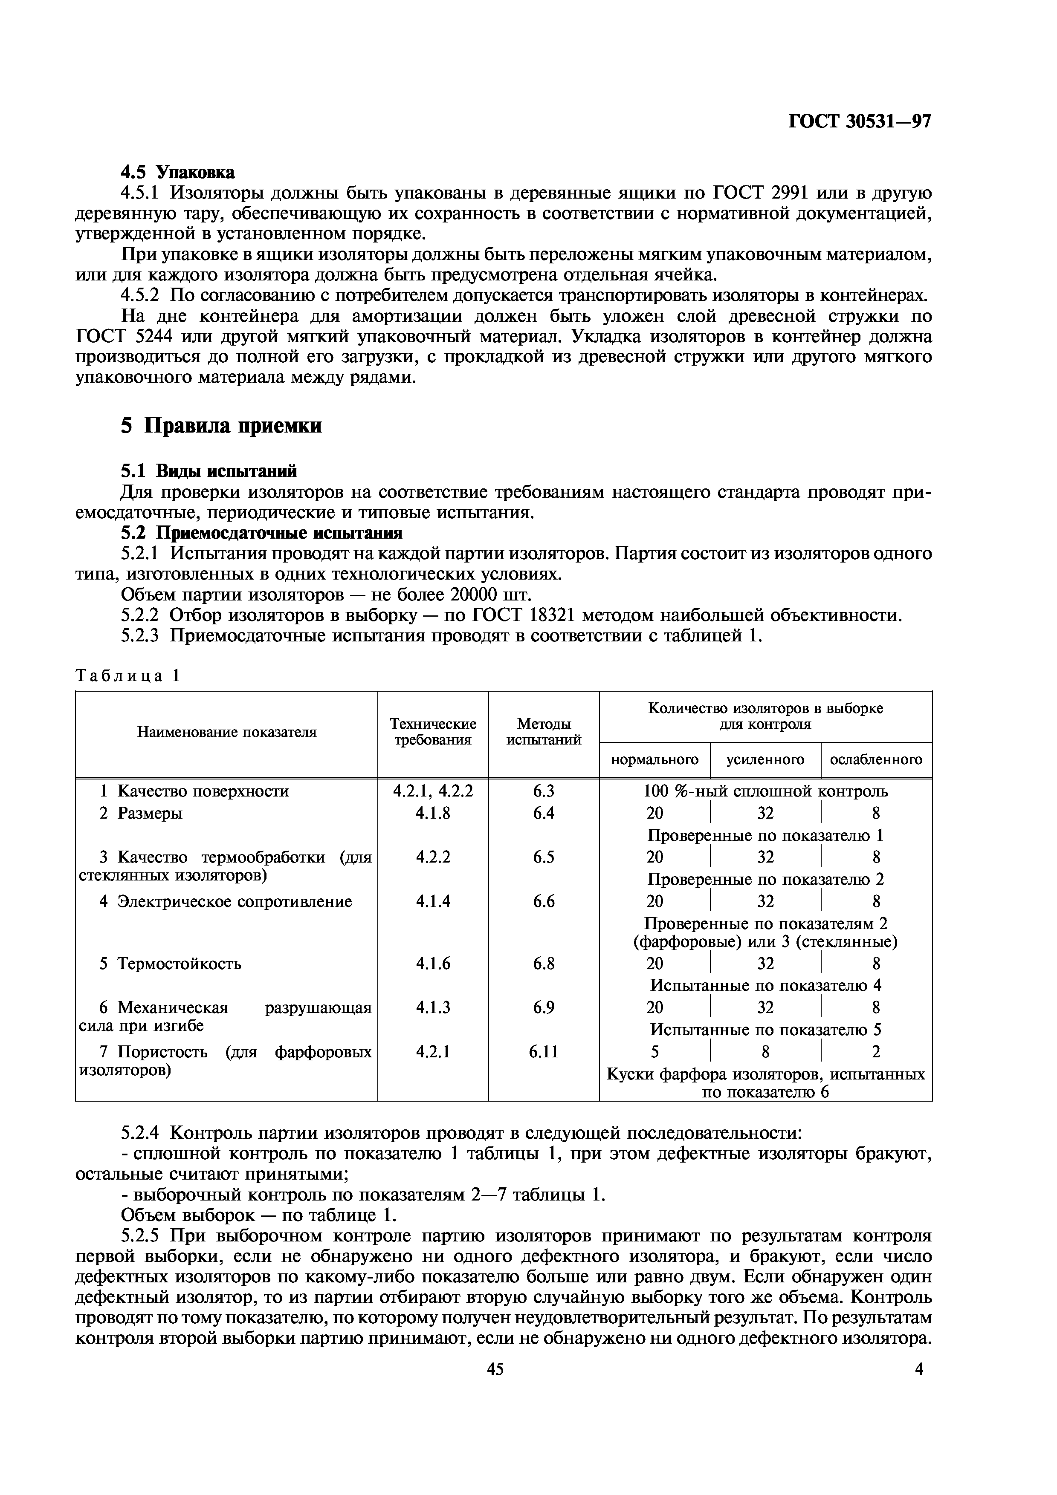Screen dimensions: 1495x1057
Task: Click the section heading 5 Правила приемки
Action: click(x=221, y=425)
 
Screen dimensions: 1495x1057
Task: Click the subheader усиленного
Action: click(x=765, y=759)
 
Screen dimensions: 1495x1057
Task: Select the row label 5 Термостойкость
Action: click(x=170, y=963)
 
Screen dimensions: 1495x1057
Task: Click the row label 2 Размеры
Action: click(x=141, y=813)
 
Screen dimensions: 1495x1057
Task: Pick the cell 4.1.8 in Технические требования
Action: click(x=433, y=813)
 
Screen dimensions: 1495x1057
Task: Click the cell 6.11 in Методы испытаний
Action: click(x=544, y=1052)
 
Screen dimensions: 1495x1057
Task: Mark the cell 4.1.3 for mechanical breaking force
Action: click(x=433, y=1007)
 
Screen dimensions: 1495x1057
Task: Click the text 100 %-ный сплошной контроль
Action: click(x=765, y=791)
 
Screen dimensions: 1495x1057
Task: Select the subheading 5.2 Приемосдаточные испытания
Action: click(x=262, y=533)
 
